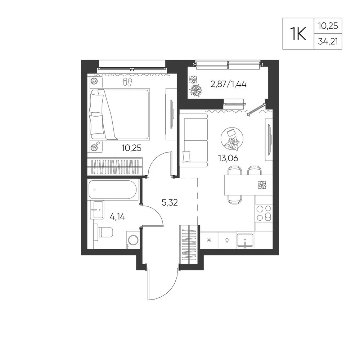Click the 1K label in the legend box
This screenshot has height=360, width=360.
tap(298, 34)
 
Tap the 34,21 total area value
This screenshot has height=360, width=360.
tap(328, 41)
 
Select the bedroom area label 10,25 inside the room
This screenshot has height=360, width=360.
tap(131, 148)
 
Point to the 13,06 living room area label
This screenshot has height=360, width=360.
tap(228, 158)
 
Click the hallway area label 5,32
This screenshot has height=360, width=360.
tap(170, 202)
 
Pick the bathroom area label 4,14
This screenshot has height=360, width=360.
tap(117, 216)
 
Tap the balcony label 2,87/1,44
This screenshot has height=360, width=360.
tap(229, 84)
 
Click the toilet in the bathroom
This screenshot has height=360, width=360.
tap(103, 232)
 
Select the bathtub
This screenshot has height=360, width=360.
tap(113, 190)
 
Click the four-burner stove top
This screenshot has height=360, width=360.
tap(264, 213)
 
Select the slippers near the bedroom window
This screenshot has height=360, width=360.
tap(128, 82)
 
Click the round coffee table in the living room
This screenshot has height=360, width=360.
tap(232, 139)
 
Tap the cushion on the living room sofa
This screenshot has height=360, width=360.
tap(186, 157)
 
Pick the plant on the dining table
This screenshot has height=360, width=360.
tap(262, 185)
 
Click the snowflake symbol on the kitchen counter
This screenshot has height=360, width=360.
tap(209, 240)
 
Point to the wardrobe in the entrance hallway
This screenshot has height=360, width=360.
tap(189, 245)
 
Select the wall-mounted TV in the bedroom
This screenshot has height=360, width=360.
tap(171, 114)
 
